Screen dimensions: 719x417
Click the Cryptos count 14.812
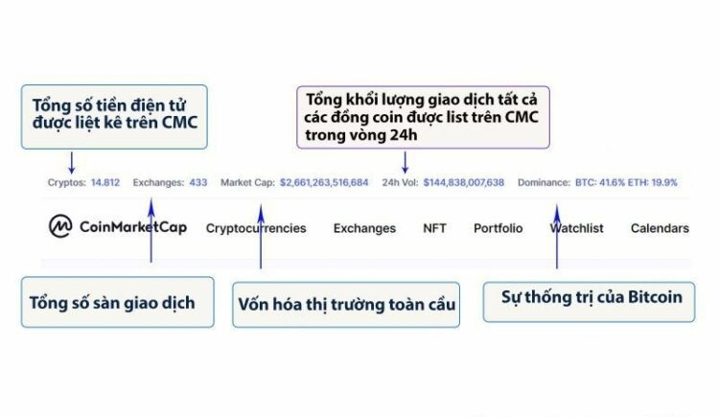105,182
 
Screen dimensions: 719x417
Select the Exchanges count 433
198,182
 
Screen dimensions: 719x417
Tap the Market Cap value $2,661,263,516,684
324,182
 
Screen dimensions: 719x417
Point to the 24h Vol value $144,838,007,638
464,182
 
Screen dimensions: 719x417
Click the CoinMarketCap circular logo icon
60,226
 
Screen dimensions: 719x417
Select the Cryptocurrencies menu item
256,228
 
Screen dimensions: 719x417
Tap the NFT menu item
434,228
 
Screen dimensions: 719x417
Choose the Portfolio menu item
498,228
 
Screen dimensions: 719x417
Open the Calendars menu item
660,228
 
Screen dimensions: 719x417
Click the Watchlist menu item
577,228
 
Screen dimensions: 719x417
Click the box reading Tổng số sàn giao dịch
117,302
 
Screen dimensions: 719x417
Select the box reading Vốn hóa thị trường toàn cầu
346,305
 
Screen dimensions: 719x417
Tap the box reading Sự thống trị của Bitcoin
590,302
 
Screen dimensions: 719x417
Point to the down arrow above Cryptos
72,163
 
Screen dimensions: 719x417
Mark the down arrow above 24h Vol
405,163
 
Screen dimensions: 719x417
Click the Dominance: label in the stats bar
544,182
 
